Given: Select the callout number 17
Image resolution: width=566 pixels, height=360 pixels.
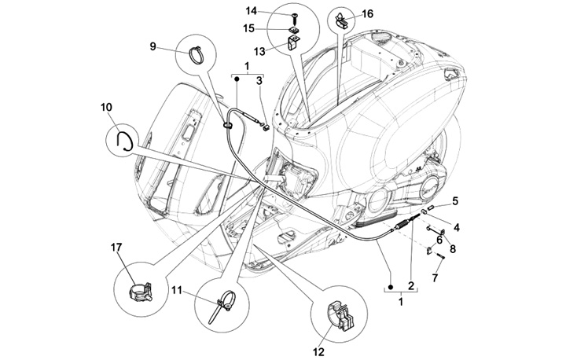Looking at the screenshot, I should click(x=116, y=248).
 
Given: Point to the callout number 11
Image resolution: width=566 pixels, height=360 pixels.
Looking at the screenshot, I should click(x=177, y=291).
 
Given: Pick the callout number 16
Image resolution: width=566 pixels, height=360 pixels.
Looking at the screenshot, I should click(x=369, y=13).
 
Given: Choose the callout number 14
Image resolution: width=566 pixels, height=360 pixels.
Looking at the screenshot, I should click(x=252, y=10).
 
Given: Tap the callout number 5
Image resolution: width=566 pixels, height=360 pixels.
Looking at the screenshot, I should click(x=454, y=200).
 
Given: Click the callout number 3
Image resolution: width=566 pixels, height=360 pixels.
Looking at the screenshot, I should click(x=260, y=79).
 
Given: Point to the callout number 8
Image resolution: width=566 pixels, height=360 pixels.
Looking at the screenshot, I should click(x=451, y=248).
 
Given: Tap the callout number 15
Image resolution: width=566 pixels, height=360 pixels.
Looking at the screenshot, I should click(x=252, y=28).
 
